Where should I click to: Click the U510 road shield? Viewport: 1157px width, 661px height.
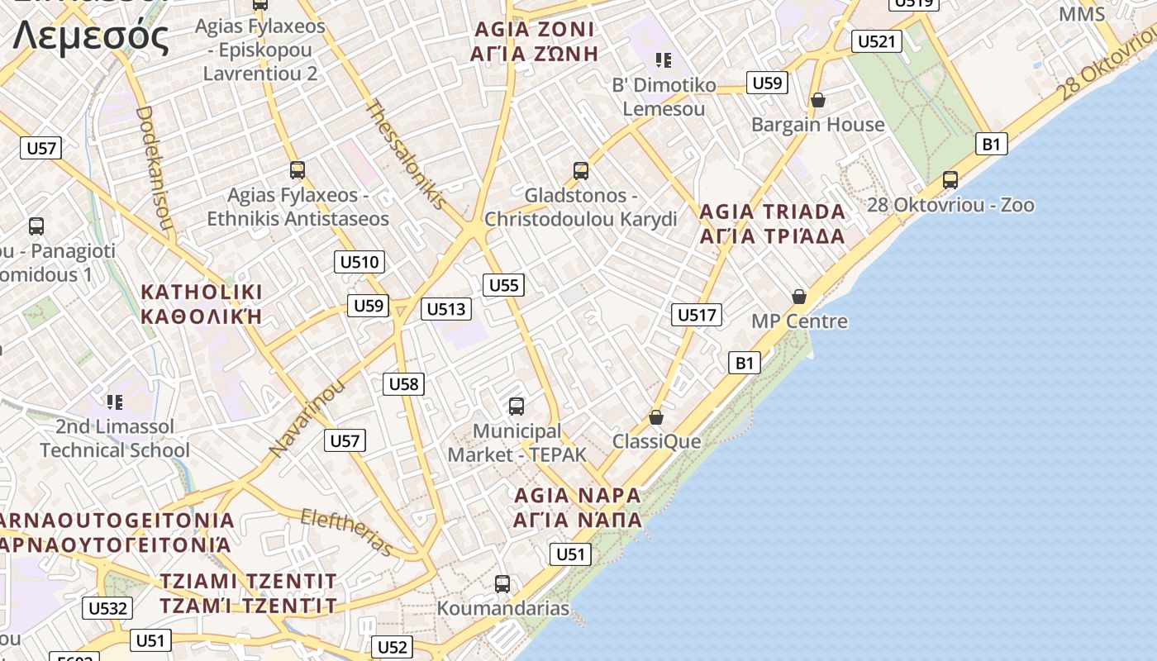pyautogui.click(x=359, y=263)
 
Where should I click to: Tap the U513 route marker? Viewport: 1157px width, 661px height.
pyautogui.click(x=446, y=309)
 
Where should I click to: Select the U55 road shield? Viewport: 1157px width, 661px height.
pyautogui.click(x=503, y=286)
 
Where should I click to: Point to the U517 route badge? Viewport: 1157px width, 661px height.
pyautogui.click(x=697, y=315)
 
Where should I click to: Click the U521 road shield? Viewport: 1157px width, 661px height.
pyautogui.click(x=876, y=41)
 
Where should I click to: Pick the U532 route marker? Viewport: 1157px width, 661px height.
pyautogui.click(x=108, y=609)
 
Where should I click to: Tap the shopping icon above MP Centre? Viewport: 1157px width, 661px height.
pyautogui.click(x=799, y=296)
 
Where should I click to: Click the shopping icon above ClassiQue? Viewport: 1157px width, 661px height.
pyautogui.click(x=656, y=417)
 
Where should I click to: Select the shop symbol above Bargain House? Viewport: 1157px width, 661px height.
pyautogui.click(x=817, y=100)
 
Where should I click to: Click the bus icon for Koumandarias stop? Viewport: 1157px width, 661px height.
pyautogui.click(x=502, y=584)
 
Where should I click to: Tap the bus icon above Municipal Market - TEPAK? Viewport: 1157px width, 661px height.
pyautogui.click(x=517, y=407)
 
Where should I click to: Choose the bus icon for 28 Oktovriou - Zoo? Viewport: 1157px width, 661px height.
pyautogui.click(x=950, y=180)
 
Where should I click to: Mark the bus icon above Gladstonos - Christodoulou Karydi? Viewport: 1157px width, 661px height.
pyautogui.click(x=581, y=171)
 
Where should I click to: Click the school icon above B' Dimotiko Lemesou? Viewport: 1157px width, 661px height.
pyautogui.click(x=663, y=59)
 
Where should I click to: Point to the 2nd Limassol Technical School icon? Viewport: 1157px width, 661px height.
pyautogui.click(x=115, y=402)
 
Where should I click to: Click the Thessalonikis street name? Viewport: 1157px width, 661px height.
pyautogui.click(x=406, y=155)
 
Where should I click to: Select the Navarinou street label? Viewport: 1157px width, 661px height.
pyautogui.click(x=306, y=418)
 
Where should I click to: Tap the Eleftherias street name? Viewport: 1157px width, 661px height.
pyautogui.click(x=347, y=532)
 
